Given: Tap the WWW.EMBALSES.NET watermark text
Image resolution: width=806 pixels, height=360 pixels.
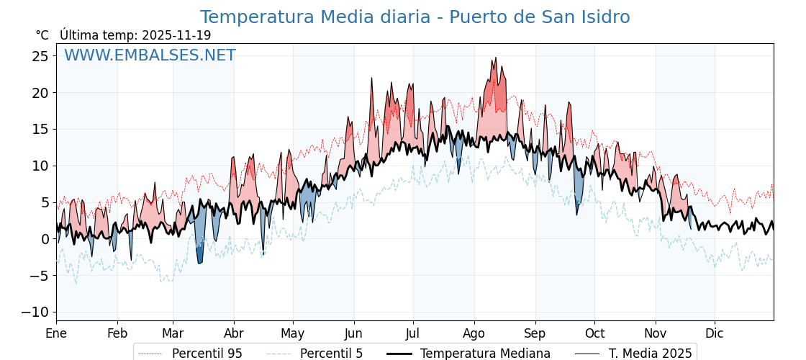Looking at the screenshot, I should pos(150,55).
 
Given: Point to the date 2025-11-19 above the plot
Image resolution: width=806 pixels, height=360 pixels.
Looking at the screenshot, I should pos(176,35).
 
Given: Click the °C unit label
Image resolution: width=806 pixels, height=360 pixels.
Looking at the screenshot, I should pos(42,35).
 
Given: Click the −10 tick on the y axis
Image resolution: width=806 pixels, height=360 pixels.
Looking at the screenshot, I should pos(36,312).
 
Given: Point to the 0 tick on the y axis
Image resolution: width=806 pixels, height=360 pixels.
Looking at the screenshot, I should pos(45,239).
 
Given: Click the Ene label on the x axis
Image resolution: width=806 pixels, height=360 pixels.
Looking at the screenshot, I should pos(56,334).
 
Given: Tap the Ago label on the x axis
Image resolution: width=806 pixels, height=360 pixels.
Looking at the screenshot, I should pos(474,334).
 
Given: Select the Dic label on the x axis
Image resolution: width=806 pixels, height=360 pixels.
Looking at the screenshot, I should pos(715,334).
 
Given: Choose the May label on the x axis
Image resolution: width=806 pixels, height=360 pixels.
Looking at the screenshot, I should pos(293,334).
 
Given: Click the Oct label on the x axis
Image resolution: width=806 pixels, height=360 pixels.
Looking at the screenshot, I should pos(594,334).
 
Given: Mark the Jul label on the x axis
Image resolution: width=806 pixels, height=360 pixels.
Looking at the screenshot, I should pos(413,334).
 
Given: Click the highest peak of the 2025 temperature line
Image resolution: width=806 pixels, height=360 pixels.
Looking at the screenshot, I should pos(495,58).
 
